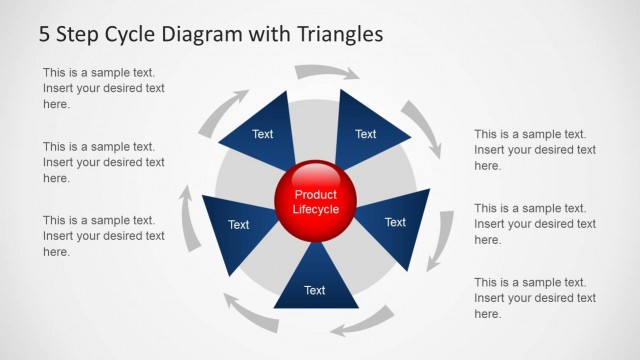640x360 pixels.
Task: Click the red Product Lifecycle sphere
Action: [316, 200]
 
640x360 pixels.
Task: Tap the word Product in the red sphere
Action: [316, 194]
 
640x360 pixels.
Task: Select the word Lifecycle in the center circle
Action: [316, 210]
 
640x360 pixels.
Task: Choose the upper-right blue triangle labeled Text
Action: [367, 130]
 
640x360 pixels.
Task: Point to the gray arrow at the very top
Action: [326, 72]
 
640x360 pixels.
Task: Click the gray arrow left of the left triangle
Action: [188, 217]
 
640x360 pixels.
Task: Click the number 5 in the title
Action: [44, 34]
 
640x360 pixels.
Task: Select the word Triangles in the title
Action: [340, 34]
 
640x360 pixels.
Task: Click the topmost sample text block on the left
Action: [104, 88]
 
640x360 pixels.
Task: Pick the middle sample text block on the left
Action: [104, 162]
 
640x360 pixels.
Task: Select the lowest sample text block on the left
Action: [104, 236]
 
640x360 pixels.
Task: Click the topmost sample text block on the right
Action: [535, 150]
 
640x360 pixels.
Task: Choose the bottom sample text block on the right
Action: [535, 298]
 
